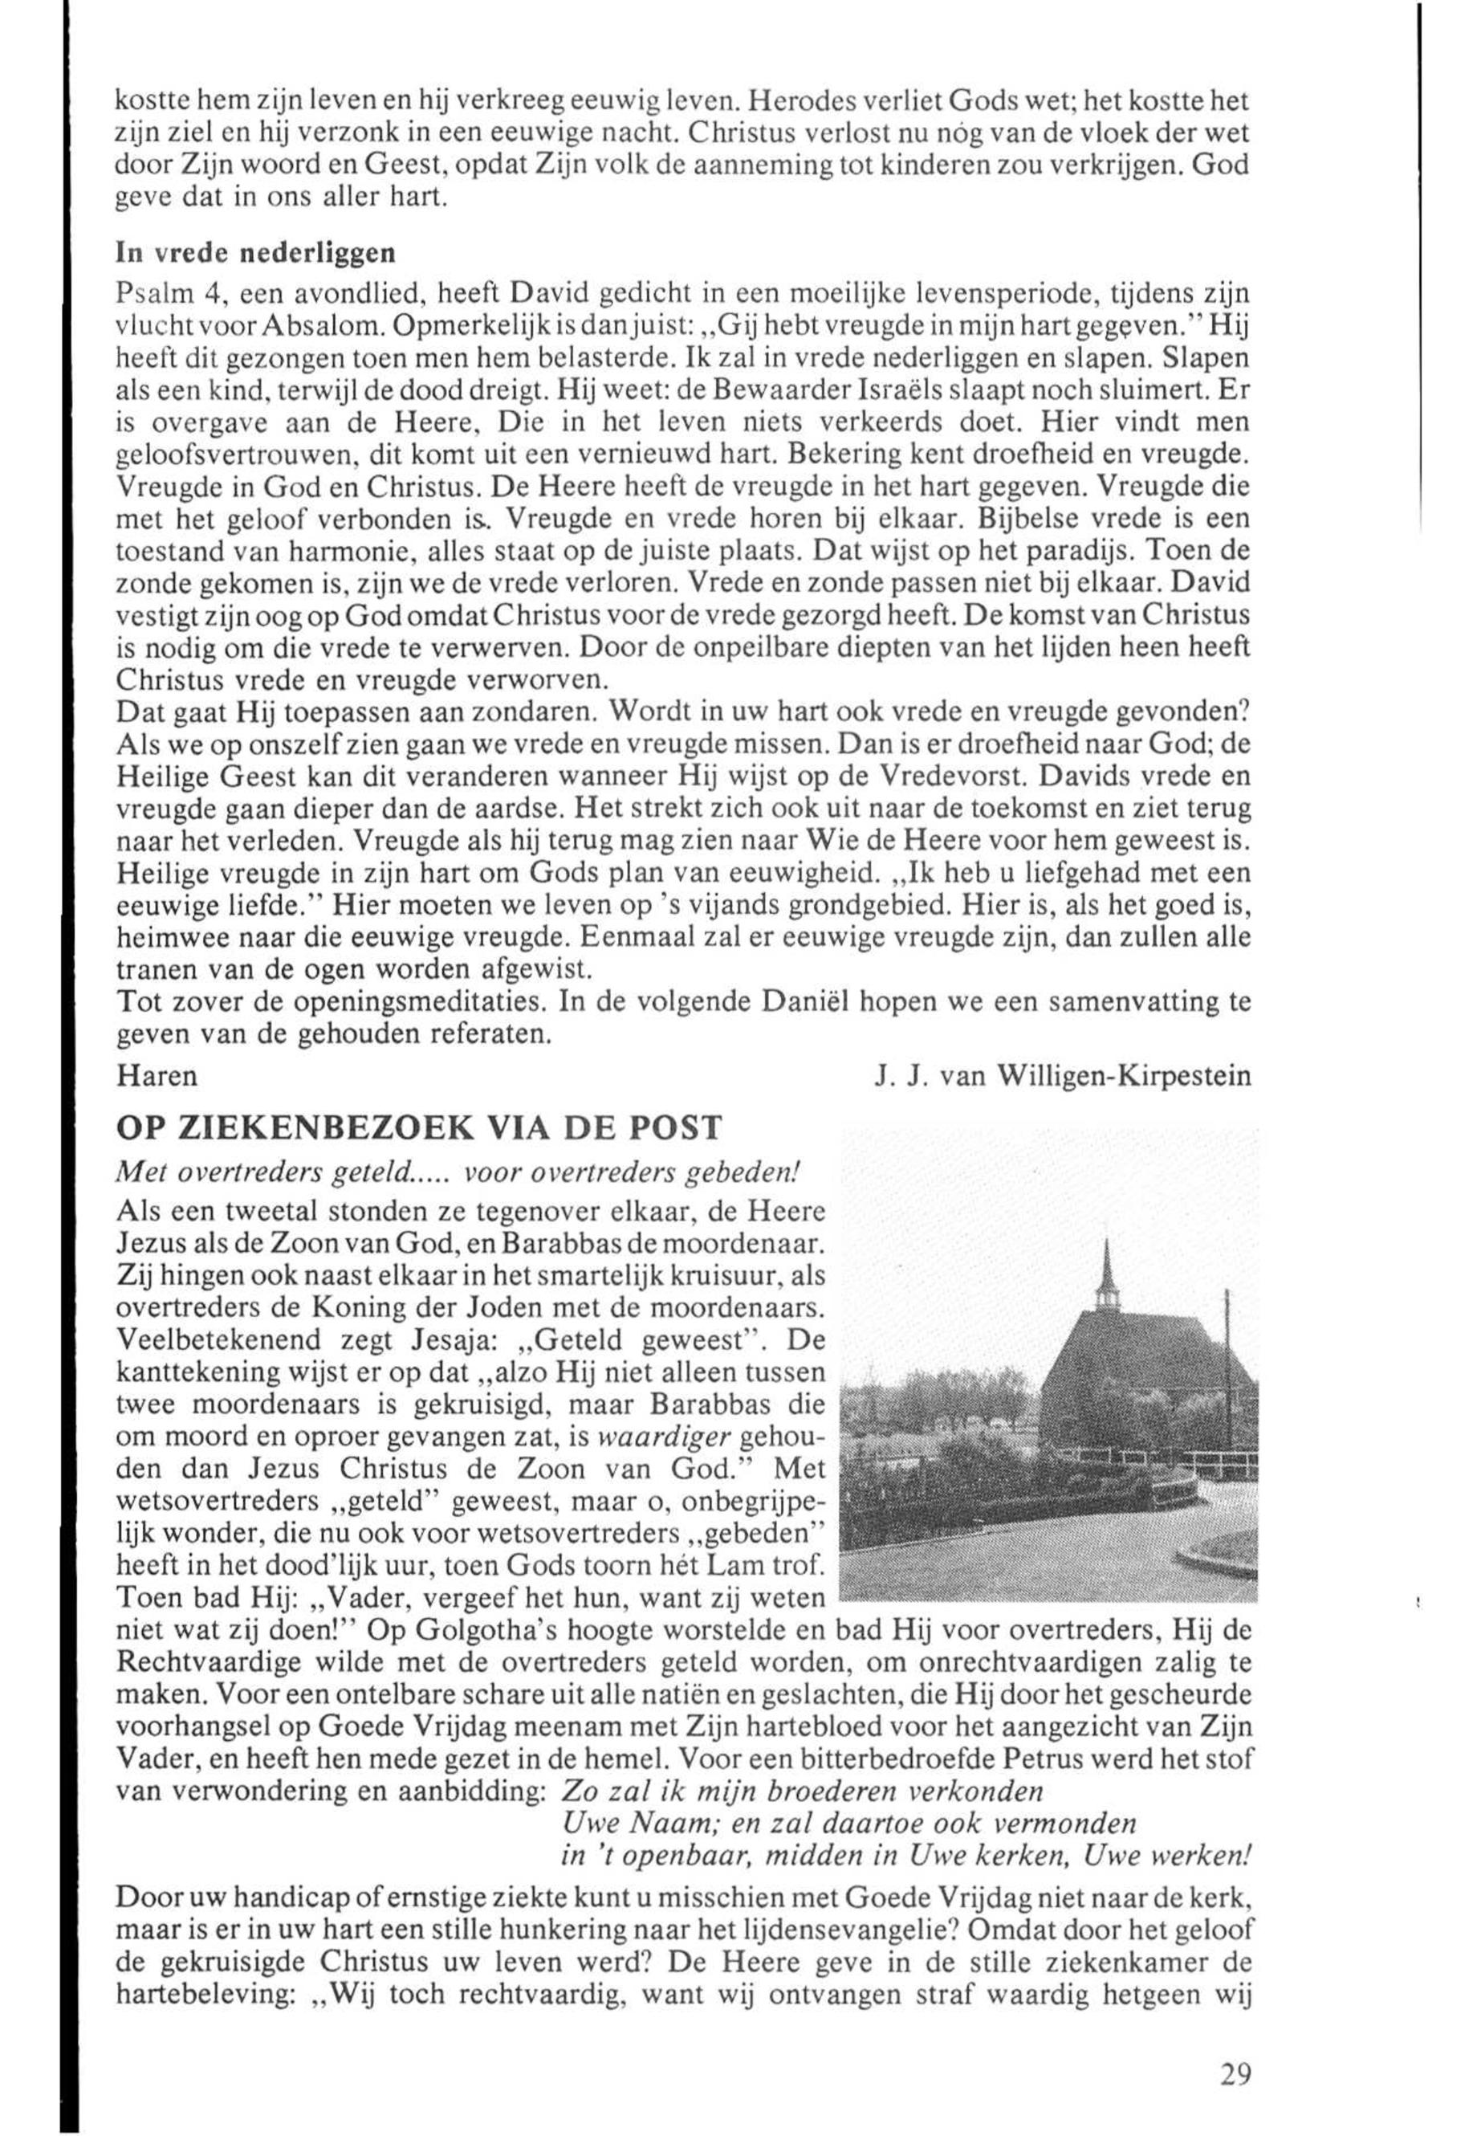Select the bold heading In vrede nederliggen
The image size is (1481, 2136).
click(x=255, y=252)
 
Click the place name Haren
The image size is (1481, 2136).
click(x=158, y=1076)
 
